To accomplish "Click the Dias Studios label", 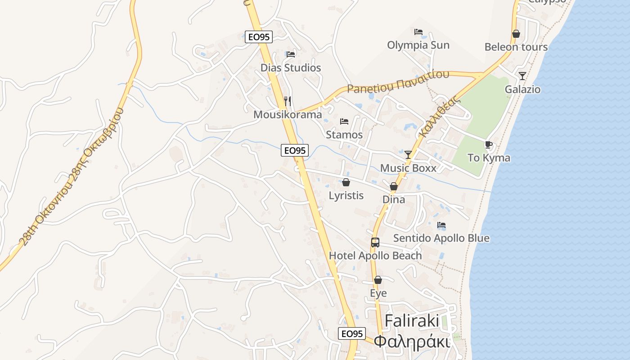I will [291, 68].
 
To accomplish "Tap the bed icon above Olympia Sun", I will [418, 32].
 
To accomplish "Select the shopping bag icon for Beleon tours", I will [516, 34].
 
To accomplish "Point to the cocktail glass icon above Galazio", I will [522, 76].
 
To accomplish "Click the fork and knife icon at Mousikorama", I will [288, 101].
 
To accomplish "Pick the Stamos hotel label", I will [344, 135].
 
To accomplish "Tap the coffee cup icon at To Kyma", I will [489, 144].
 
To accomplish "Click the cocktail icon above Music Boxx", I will [408, 154].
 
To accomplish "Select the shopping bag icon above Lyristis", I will [346, 182].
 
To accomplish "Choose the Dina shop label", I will [394, 199].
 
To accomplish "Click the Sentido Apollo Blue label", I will [441, 238].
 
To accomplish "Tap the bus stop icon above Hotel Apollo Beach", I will [375, 243].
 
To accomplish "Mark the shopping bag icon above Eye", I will [378, 280].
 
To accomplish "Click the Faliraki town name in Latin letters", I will [412, 321].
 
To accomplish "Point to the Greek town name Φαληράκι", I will [412, 342].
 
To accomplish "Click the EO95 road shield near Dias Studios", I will [259, 36].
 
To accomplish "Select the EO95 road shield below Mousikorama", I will [295, 150].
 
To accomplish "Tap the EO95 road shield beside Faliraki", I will [352, 333].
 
